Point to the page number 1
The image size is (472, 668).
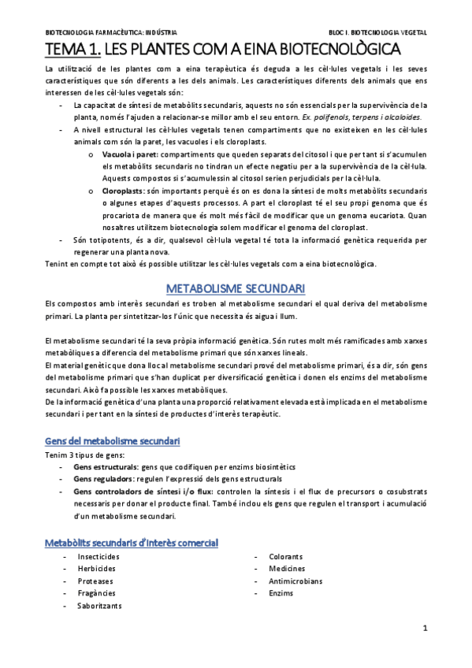(425, 629)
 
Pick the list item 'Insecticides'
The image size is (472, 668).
(98, 557)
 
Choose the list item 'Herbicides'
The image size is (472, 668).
(97, 569)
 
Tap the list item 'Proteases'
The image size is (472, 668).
(95, 581)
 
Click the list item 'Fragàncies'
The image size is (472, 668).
(97, 593)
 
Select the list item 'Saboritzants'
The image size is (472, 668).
(100, 606)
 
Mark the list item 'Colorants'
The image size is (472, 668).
(285, 557)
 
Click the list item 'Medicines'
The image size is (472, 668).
(285, 569)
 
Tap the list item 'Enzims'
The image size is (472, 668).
(281, 593)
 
